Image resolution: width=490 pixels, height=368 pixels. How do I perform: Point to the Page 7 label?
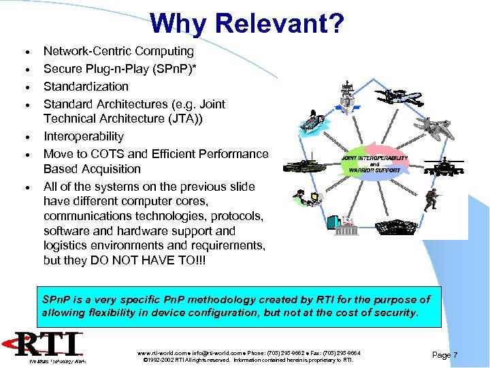point(446,354)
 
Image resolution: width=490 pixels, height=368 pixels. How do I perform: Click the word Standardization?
point(86,87)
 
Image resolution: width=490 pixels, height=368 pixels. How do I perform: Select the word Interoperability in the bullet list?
point(84,136)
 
